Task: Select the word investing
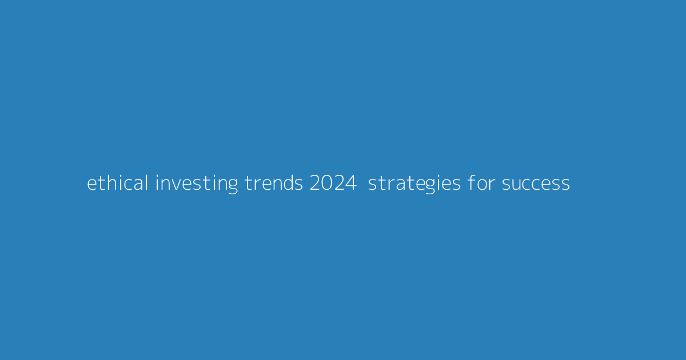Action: (196, 183)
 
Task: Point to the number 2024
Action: (333, 183)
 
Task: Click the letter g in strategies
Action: (422, 186)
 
